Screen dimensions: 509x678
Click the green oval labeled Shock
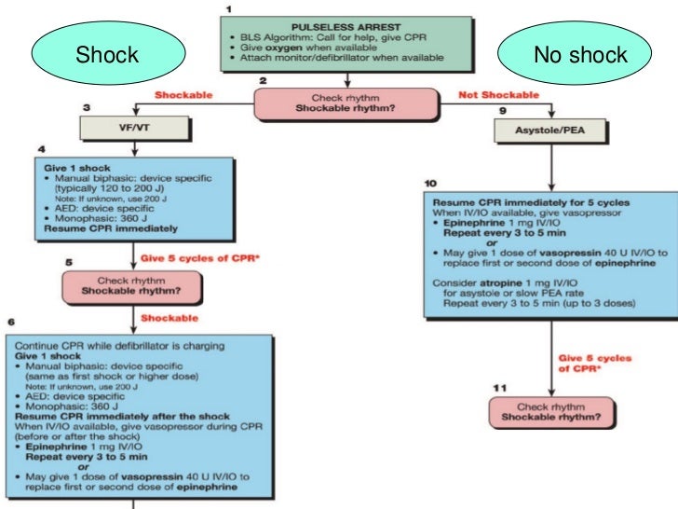(x=106, y=55)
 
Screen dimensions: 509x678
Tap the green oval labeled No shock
(x=580, y=55)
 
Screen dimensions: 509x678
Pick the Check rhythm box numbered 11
(x=551, y=411)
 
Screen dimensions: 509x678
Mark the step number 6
(x=10, y=321)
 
